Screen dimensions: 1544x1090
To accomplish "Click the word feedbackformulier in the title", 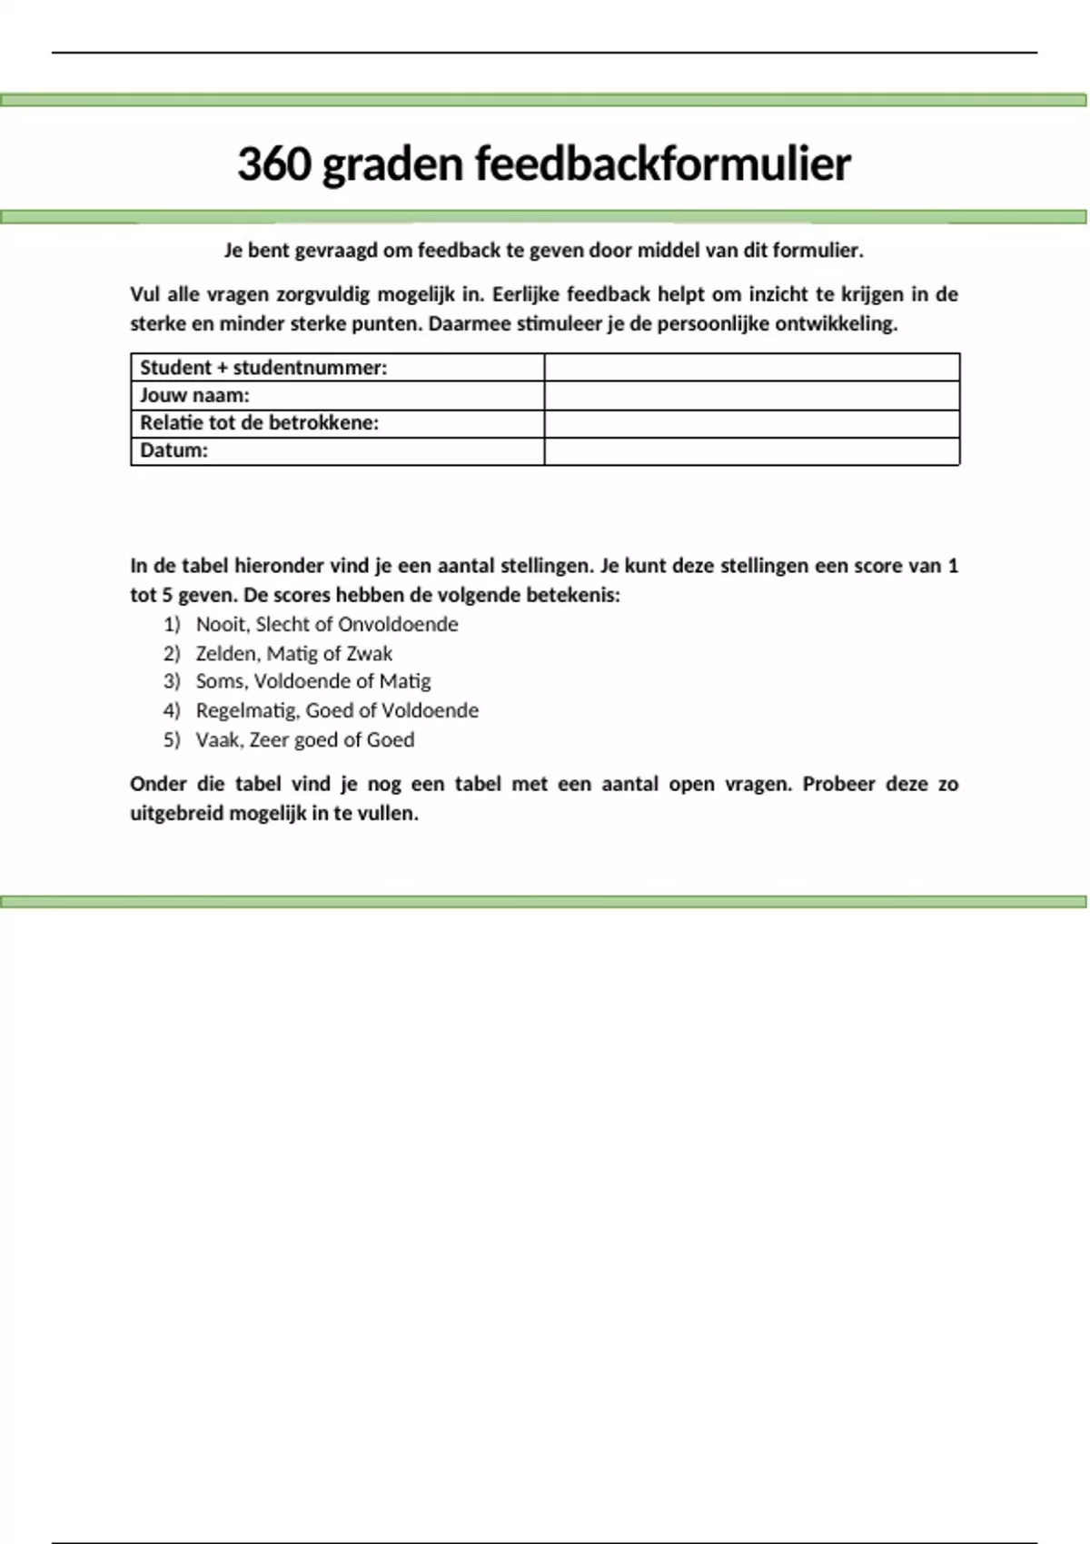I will click(662, 164).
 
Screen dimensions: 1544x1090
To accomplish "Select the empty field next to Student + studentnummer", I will click(751, 368).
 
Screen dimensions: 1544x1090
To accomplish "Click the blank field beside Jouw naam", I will click(751, 395).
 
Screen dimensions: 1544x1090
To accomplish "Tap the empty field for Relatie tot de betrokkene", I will click(751, 423).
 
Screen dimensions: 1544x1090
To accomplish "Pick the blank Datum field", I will click(751, 451).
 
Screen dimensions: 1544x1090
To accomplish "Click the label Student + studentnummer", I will click(263, 368).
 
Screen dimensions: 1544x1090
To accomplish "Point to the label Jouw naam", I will click(194, 395).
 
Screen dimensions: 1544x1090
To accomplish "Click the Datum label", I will click(173, 450).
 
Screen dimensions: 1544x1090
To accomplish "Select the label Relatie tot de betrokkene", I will click(259, 423).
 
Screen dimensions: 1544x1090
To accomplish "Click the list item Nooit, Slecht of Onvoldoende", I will click(327, 624).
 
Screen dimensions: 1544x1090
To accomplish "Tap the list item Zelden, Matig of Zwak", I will click(294, 653).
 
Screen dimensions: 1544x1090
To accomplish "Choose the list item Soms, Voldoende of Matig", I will click(313, 681).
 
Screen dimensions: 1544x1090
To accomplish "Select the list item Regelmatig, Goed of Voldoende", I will click(337, 710).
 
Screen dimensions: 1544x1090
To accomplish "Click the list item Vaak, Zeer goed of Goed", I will click(305, 739).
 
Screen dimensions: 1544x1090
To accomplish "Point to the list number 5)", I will click(172, 739).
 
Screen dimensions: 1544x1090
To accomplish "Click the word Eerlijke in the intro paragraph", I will click(526, 294).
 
